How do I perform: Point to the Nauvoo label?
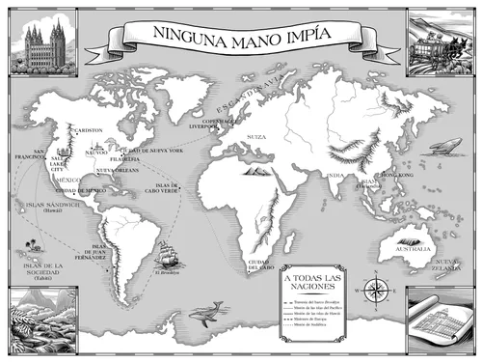96,153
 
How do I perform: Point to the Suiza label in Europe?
256,137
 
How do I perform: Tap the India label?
335,175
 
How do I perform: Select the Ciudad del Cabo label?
262,265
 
